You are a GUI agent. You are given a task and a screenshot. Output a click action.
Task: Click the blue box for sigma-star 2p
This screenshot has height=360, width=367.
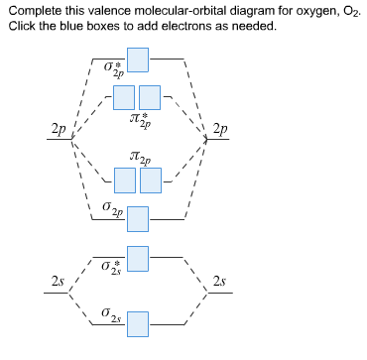pyautogui.click(x=139, y=59)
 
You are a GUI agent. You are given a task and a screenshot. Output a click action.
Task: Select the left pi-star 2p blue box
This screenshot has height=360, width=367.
pyautogui.click(x=124, y=97)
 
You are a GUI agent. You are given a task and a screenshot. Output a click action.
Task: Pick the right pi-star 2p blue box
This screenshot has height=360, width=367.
pyautogui.click(x=150, y=97)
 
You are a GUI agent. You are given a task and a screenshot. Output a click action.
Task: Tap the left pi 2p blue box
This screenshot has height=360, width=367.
pyautogui.click(x=124, y=180)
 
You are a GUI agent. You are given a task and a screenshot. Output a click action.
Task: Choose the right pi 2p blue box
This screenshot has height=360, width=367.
pyautogui.click(x=150, y=180)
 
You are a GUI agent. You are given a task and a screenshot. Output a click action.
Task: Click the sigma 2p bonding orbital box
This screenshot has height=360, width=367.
pyautogui.click(x=139, y=217)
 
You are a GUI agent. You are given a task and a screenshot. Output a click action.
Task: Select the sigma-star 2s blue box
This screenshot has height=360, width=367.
pyautogui.click(x=139, y=258)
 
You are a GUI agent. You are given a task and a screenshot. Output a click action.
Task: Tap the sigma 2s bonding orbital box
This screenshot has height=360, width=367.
pyautogui.click(x=139, y=323)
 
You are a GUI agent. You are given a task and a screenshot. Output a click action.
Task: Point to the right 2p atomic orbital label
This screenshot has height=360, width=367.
pyautogui.click(x=220, y=129)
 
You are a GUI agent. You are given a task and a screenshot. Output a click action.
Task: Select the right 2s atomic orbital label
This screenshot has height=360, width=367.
pyautogui.click(x=219, y=283)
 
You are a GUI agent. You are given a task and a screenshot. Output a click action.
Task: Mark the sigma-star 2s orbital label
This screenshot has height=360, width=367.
pyautogui.click(x=111, y=267)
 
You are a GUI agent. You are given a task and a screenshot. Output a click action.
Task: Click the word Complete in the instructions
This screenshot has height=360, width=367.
pyautogui.click(x=32, y=10)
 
